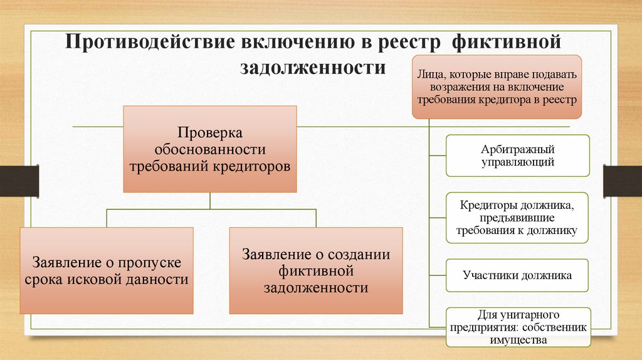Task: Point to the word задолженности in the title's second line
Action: (313, 67)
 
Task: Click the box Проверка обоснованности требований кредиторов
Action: (209, 149)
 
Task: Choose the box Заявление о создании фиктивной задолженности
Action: (315, 270)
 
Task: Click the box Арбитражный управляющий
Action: (517, 156)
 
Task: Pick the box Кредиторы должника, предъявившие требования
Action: (517, 218)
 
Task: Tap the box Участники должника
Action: (517, 275)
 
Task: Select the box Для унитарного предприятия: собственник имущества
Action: (517, 327)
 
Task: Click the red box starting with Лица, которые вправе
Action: (497, 87)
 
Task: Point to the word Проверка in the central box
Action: (209, 133)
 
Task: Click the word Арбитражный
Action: (517, 150)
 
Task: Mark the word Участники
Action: (490, 275)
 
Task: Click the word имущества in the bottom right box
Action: (517, 340)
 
